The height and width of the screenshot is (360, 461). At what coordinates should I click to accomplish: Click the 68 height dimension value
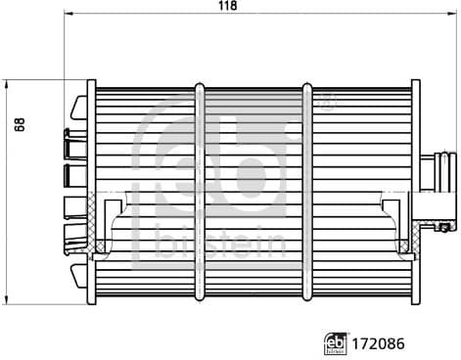[21, 126]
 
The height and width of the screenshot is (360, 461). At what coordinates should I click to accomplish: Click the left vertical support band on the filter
[200, 186]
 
